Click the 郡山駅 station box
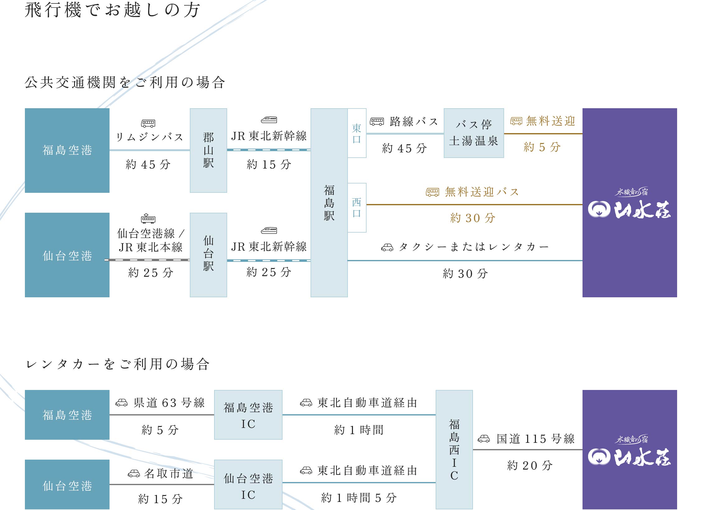pos(208,151)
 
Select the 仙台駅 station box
pos(208,255)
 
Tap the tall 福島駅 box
pos(329,203)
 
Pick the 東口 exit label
pos(357,133)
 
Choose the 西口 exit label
pos(357,208)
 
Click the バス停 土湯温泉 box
pos(474,133)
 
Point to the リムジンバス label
pos(150,137)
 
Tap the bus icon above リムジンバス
pos(148,123)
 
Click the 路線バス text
pos(414,121)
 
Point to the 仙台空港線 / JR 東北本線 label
pos(151,240)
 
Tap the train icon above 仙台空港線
pos(148,219)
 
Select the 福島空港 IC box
pos(248,415)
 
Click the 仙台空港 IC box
pos(248,484)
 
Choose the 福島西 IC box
pos(454,450)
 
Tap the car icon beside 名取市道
pos(134,474)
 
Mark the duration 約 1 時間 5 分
pos(359,498)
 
